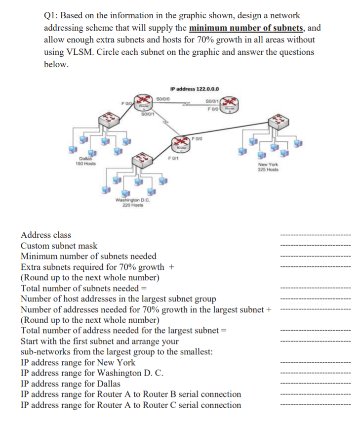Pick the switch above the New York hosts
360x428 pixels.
277,124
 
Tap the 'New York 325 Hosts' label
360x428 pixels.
268,167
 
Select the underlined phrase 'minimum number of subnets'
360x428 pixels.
252,27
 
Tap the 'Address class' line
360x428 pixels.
46,235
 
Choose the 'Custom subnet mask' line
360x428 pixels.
59,246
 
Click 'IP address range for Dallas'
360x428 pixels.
71,384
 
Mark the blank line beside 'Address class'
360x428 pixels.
315,235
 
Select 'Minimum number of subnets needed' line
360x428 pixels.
88,256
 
